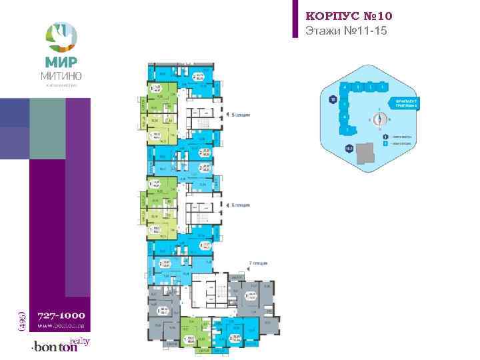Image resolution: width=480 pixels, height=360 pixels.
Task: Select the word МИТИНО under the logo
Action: (61, 76)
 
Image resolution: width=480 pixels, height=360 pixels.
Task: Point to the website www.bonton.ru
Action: (61, 326)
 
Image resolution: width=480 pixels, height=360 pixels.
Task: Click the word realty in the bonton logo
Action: (80, 341)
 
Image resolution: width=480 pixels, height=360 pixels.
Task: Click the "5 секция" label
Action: (239, 115)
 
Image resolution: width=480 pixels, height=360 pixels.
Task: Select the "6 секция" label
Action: (239, 206)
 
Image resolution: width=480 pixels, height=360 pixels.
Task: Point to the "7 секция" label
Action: (258, 265)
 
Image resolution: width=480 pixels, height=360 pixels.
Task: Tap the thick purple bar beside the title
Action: (295, 19)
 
